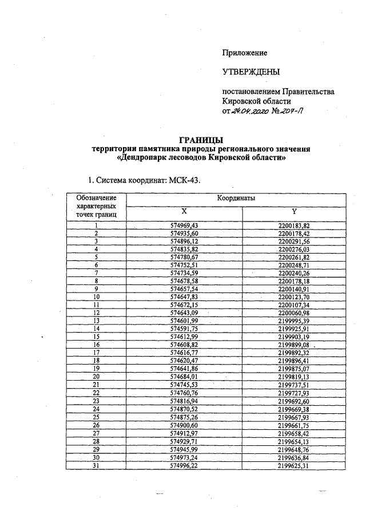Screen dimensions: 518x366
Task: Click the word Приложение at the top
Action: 245,53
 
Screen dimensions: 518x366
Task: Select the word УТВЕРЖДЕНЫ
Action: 251,72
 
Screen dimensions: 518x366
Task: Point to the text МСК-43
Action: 185,181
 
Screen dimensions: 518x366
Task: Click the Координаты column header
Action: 236,198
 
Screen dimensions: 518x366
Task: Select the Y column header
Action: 294,211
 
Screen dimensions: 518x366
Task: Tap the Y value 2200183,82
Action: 294,226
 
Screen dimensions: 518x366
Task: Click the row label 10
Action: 96,298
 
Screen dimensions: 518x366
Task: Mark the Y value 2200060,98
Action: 294,314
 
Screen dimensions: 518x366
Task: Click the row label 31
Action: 96,465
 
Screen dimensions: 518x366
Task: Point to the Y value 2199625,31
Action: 294,465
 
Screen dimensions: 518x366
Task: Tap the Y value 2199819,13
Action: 294,377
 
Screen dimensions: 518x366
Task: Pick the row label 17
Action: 96,354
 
